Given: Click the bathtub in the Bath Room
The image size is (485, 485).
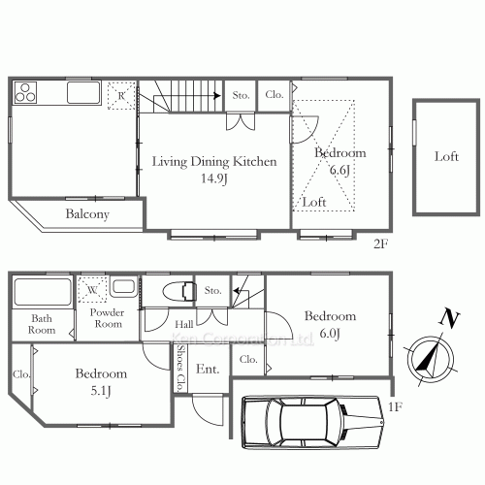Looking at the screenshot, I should [x=44, y=293].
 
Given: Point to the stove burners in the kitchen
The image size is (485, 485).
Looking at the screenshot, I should [x=26, y=94].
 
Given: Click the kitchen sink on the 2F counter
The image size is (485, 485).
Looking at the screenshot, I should [x=82, y=95].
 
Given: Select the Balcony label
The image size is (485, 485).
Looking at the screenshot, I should [x=87, y=214].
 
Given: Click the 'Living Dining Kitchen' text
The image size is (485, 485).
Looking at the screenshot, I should [x=214, y=162].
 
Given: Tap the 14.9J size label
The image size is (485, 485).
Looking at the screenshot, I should [x=214, y=178].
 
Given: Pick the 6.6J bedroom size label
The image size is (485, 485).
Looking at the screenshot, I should [x=339, y=170].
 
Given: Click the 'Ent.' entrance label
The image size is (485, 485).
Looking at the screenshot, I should [x=208, y=370].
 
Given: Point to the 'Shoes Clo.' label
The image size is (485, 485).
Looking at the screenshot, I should [x=180, y=370].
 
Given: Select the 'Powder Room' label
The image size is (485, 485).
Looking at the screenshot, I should [x=107, y=318].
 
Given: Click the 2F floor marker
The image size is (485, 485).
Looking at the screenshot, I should [x=380, y=243].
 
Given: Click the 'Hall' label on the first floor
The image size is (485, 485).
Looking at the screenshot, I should [x=181, y=324].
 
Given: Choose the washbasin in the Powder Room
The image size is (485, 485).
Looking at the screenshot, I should [x=122, y=287].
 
